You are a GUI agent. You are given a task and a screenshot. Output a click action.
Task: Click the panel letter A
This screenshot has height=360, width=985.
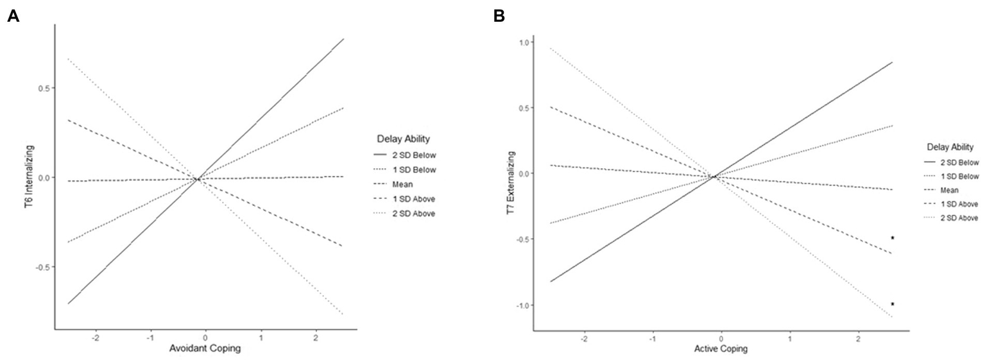tap(12, 16)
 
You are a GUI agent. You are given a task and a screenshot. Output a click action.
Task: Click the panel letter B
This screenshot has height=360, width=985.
tap(499, 16)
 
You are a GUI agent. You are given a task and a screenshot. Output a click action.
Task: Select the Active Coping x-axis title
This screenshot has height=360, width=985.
tap(721, 349)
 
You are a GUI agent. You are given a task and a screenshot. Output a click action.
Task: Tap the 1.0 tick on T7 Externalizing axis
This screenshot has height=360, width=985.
tap(526, 42)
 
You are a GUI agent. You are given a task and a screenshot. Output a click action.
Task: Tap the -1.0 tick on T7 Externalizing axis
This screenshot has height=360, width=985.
tap(524, 305)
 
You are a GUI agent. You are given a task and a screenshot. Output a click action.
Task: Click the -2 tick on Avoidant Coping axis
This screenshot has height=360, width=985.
tap(96, 336)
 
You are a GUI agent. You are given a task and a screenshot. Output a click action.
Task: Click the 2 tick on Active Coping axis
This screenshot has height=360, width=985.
tap(858, 336)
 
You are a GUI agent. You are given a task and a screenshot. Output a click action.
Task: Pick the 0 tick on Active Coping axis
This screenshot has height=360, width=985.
tap(721, 336)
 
